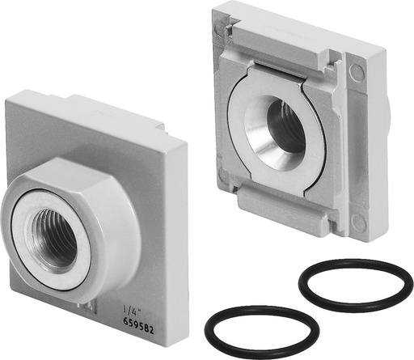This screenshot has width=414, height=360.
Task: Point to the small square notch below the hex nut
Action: pyautogui.click(x=83, y=306)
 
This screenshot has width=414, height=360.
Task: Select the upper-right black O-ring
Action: pyautogui.click(x=355, y=283)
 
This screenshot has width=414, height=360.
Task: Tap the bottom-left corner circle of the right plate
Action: pyautogui.click(x=222, y=174)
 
